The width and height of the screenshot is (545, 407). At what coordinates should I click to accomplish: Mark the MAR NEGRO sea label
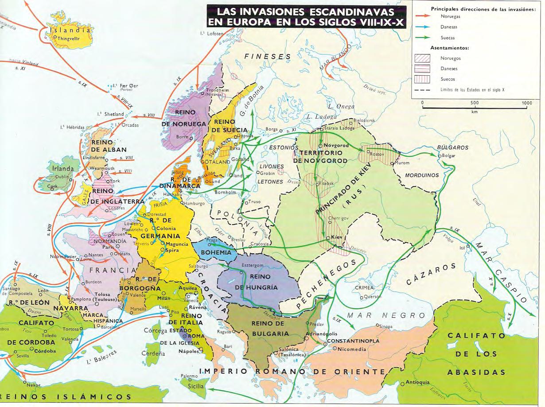tap(380, 315)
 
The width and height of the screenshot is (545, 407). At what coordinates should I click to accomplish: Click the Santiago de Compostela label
tap(17, 292)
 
